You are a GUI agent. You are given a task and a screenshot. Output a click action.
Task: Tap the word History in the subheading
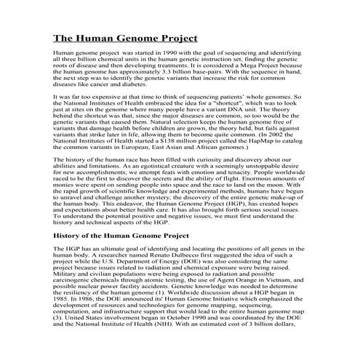click(71, 236)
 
